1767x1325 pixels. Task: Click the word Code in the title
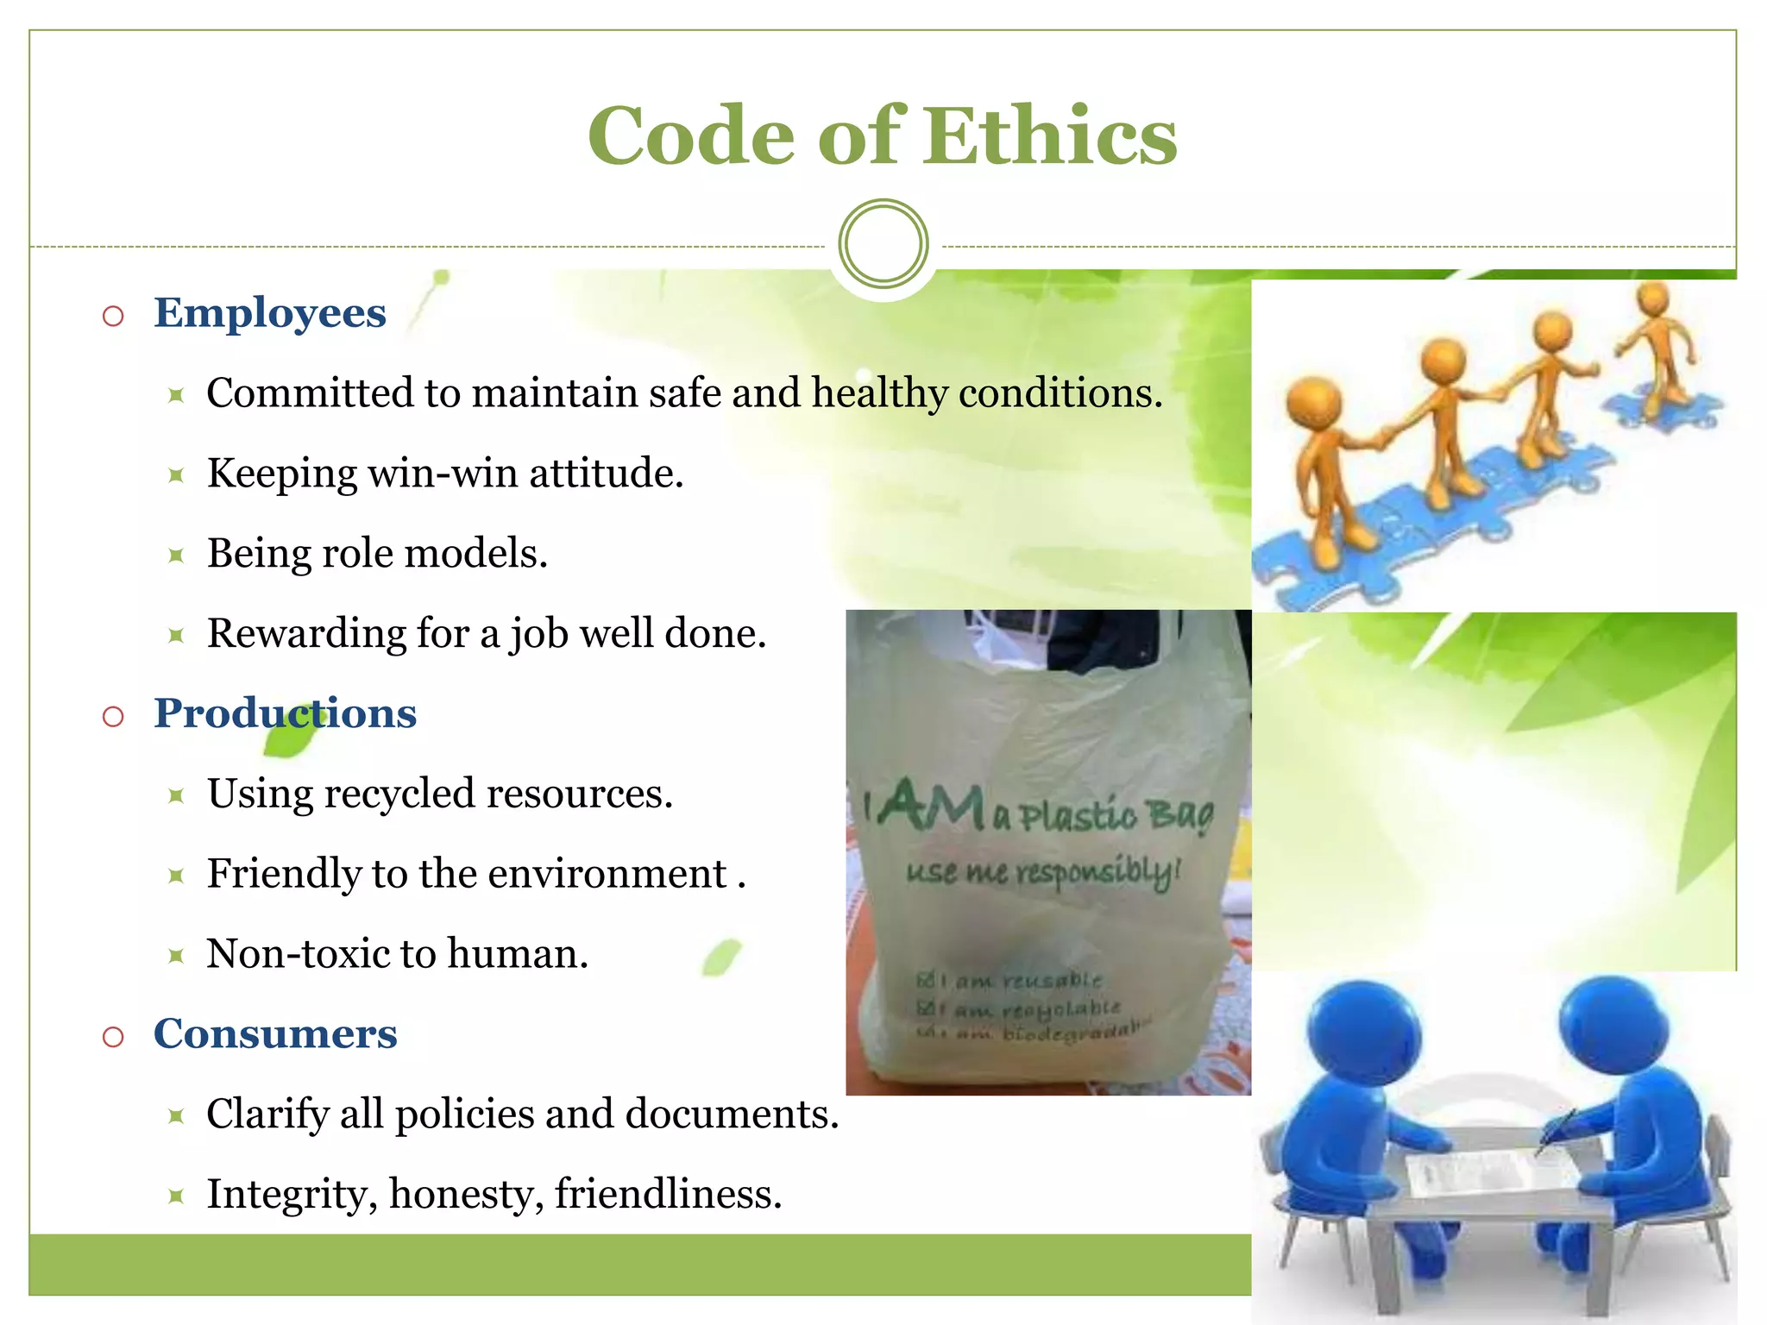[690, 136]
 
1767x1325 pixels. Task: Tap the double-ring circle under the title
[883, 244]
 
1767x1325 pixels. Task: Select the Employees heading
[269, 313]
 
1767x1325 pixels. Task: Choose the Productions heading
[285, 714]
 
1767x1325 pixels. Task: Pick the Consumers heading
[275, 1034]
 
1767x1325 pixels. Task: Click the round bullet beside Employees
[113, 316]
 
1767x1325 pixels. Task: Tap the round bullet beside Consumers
[113, 1037]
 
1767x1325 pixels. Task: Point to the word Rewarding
[306, 634]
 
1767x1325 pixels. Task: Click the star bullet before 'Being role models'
[176, 556]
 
